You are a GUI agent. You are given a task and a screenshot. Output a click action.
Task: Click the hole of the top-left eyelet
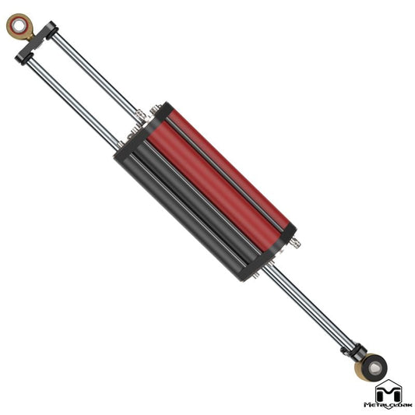click(18, 26)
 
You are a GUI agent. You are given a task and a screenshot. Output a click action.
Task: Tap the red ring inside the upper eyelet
click(18, 26)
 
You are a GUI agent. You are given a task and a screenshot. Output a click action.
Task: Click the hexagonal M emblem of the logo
click(389, 392)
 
